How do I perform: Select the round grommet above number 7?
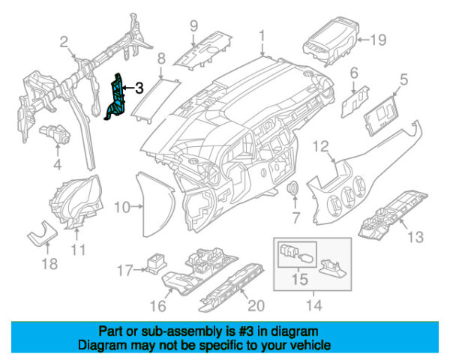point(295,187)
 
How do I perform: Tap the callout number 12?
point(321,145)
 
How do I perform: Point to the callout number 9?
point(193,25)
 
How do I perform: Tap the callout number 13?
point(415,238)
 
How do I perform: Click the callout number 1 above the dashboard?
point(262,36)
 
